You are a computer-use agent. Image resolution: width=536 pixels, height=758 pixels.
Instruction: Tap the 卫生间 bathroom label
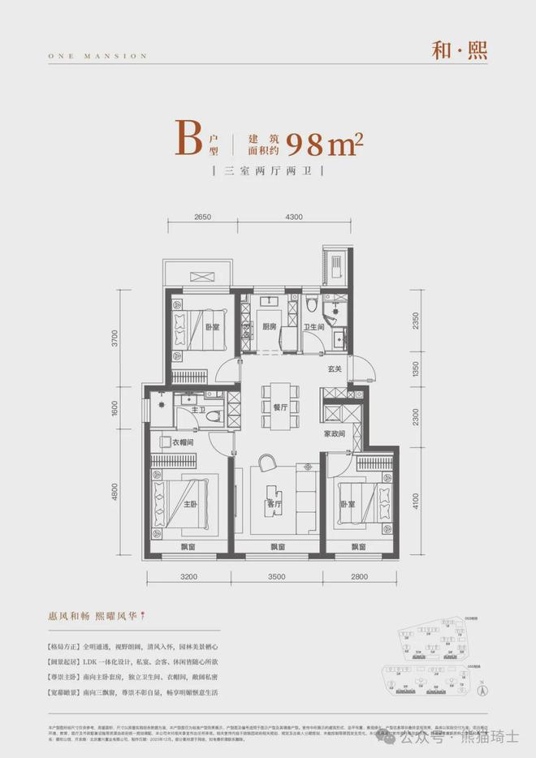314,327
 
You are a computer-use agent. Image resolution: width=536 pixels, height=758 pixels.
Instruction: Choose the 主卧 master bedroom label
189,503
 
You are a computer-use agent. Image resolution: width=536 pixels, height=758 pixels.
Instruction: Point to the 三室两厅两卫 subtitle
267,173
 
